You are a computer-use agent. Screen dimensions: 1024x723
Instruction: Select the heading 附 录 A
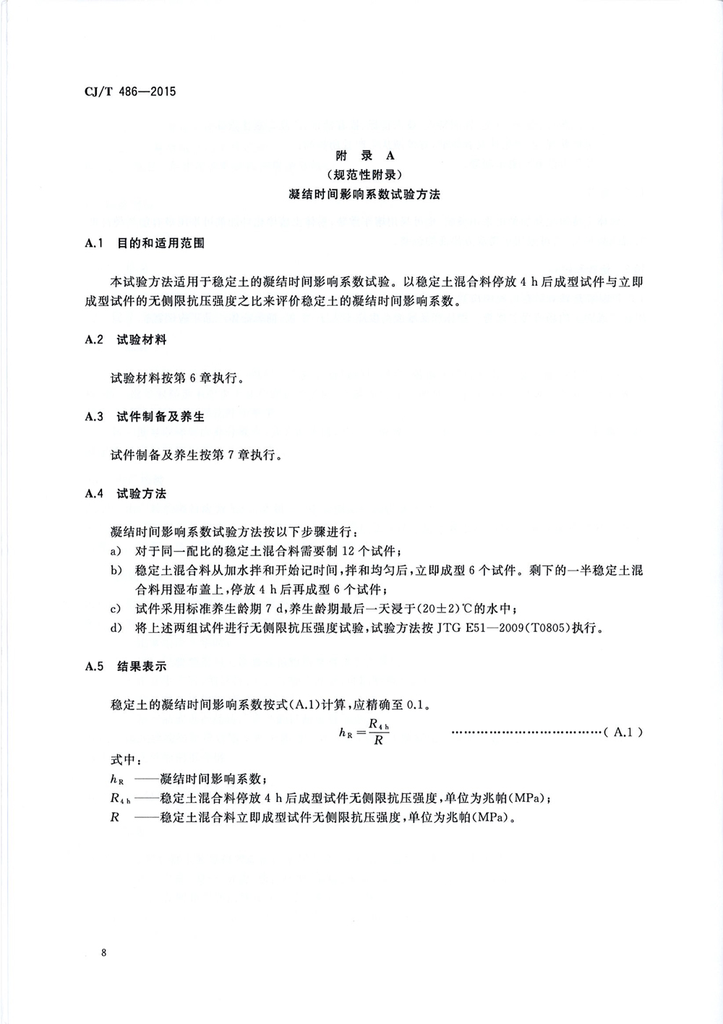[x=364, y=155]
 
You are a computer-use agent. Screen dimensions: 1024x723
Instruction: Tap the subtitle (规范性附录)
[x=364, y=174]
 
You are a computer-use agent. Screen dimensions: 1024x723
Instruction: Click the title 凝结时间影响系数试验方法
[x=364, y=194]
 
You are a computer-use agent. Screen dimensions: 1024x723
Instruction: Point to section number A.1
[x=95, y=244]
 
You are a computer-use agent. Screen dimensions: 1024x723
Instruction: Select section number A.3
[x=95, y=417]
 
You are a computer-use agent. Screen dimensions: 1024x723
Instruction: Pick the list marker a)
[x=115, y=551]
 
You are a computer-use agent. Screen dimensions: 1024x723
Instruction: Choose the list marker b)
[x=115, y=571]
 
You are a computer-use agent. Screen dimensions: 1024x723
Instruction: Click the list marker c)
[x=115, y=608]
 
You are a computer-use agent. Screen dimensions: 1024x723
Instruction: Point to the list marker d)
[x=115, y=628]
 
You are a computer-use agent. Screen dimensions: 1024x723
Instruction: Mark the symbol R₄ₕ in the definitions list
[x=120, y=799]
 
